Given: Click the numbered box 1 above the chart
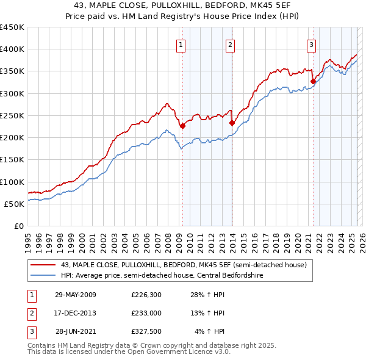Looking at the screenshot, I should point(182,44).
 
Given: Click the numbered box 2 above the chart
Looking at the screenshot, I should point(230,44).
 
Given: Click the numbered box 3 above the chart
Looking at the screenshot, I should point(311,44).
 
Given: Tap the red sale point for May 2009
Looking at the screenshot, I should point(182,126).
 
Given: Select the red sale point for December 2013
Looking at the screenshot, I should point(232,123).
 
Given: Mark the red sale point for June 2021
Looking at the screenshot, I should point(313,81).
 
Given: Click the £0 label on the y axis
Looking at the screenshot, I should point(18,226).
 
